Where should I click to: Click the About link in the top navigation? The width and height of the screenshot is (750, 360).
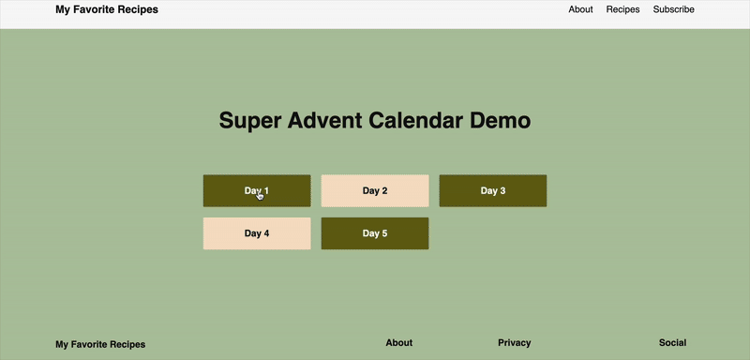click(580, 9)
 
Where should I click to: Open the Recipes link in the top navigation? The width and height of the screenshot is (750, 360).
click(622, 9)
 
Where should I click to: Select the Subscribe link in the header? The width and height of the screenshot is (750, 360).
click(673, 9)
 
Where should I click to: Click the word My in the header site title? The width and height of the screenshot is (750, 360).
click(64, 9)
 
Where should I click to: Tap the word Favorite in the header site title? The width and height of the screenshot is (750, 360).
click(97, 9)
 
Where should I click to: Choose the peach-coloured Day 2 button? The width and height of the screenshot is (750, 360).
click(374, 190)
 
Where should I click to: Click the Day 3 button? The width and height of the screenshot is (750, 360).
click(492, 190)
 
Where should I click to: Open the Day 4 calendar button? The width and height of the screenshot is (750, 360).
click(256, 233)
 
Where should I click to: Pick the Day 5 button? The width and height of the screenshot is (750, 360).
click(374, 233)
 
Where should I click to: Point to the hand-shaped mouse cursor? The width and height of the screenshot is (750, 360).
click(260, 195)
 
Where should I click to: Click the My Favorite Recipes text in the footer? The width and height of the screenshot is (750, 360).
click(100, 345)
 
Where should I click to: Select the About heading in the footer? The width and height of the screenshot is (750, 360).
click(398, 343)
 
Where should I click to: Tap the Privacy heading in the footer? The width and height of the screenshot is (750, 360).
click(514, 343)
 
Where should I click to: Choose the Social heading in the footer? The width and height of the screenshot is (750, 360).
click(672, 343)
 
